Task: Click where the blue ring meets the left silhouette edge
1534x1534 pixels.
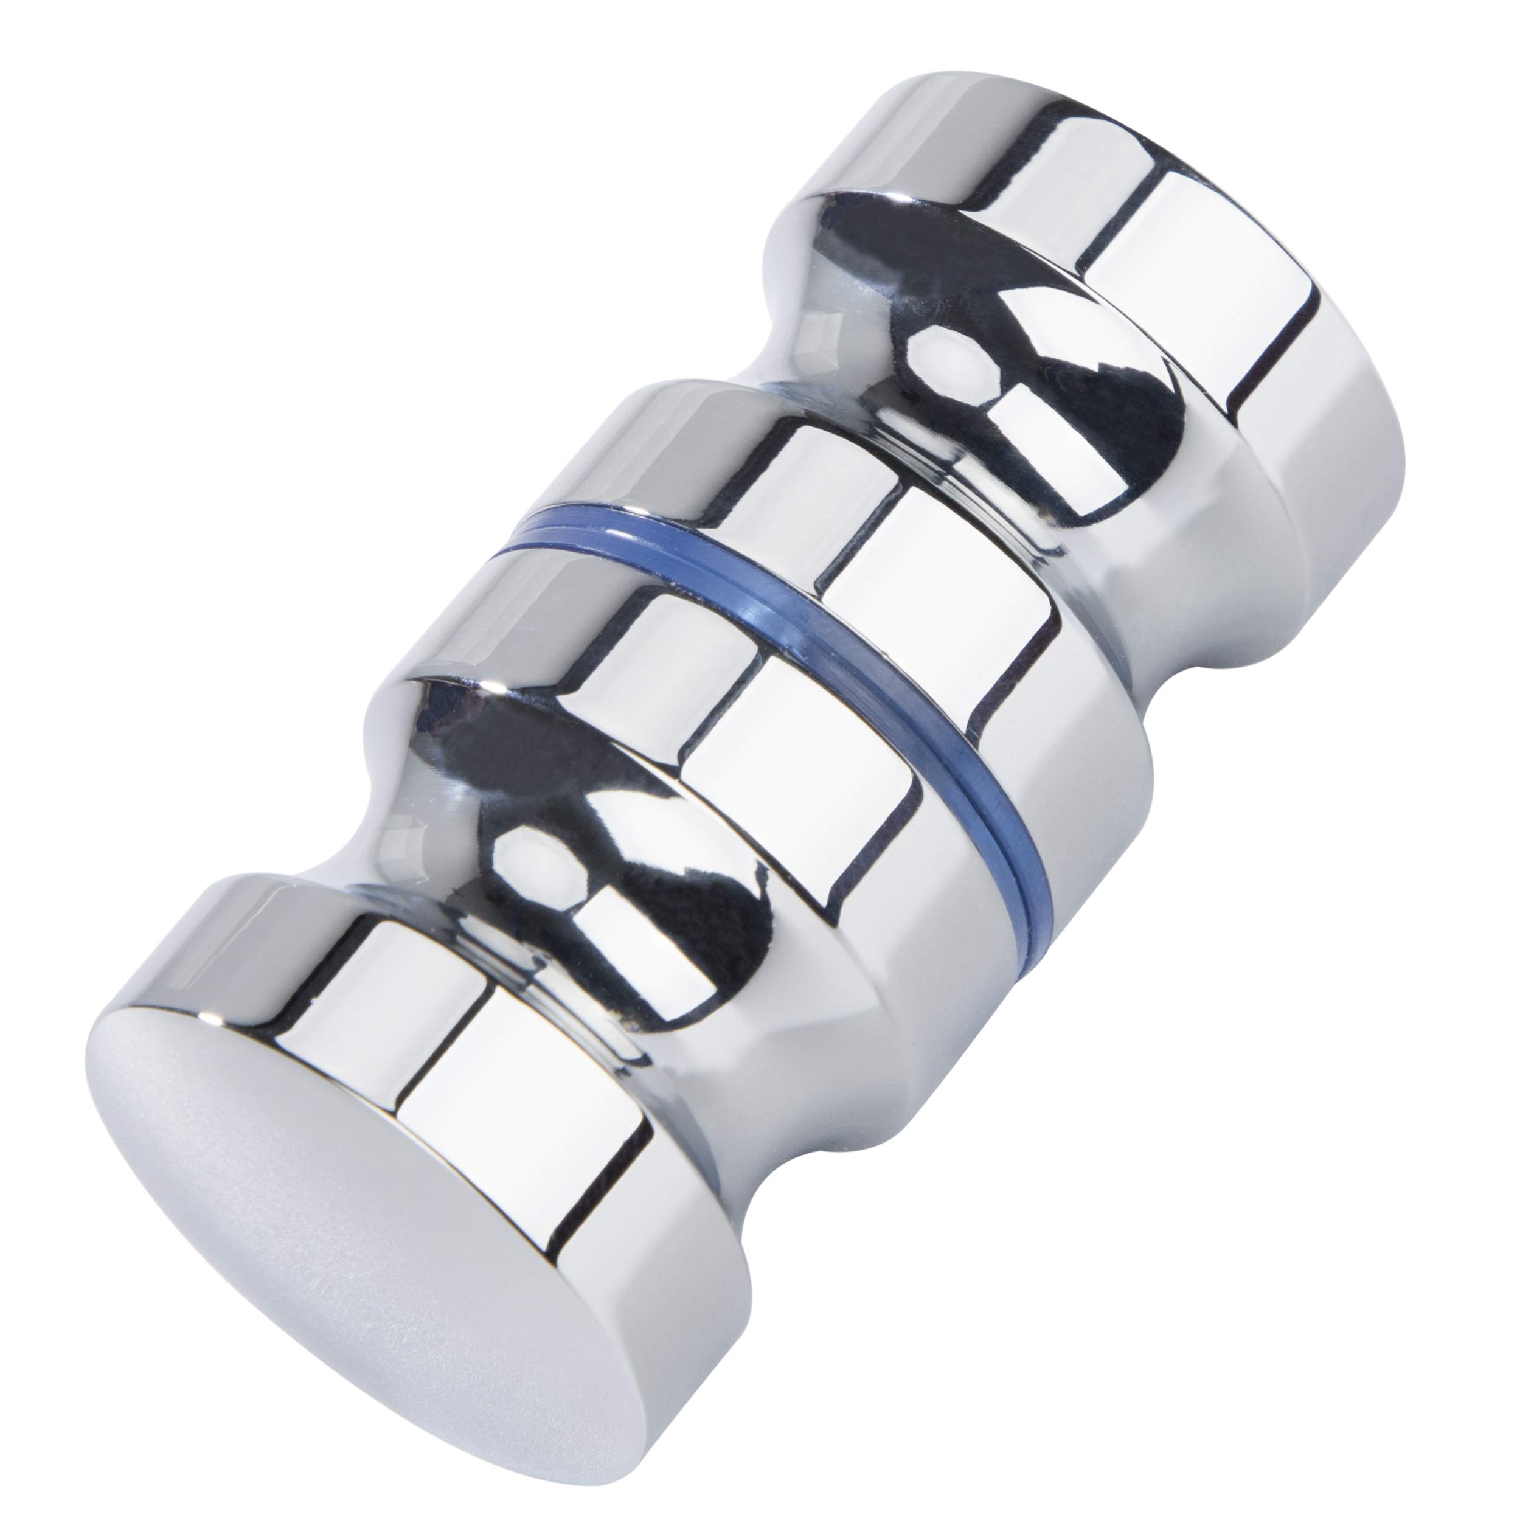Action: [x=508, y=546]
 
